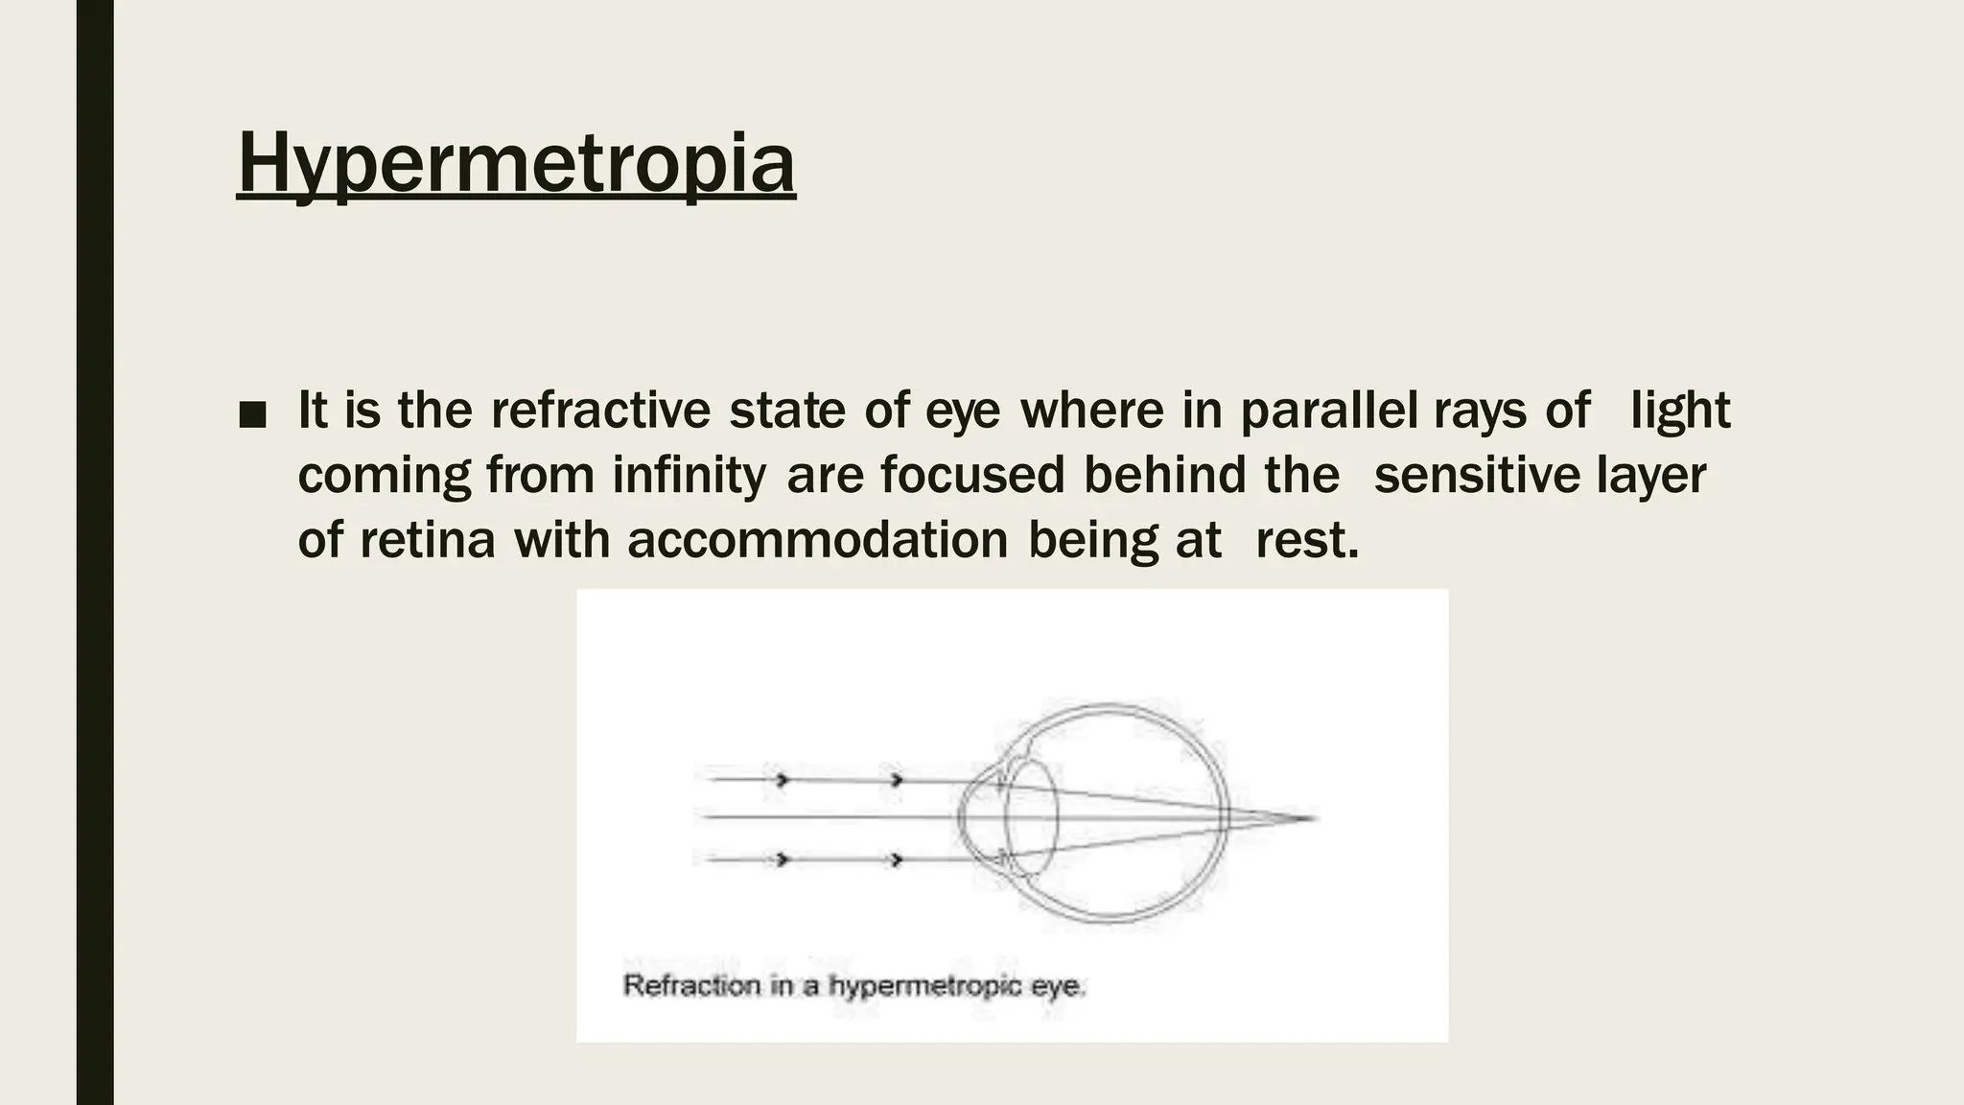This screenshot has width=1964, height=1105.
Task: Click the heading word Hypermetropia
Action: click(516, 164)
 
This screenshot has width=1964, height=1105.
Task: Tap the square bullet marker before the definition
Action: click(252, 414)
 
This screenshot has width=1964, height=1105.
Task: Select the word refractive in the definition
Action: click(600, 411)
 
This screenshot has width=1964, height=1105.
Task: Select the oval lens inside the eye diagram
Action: click(1032, 817)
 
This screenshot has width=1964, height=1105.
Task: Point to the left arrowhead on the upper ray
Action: click(783, 781)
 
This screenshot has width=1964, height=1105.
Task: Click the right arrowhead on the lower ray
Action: click(897, 859)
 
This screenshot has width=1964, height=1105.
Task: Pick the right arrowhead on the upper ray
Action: click(897, 781)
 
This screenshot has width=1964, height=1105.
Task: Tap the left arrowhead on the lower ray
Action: click(783, 859)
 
